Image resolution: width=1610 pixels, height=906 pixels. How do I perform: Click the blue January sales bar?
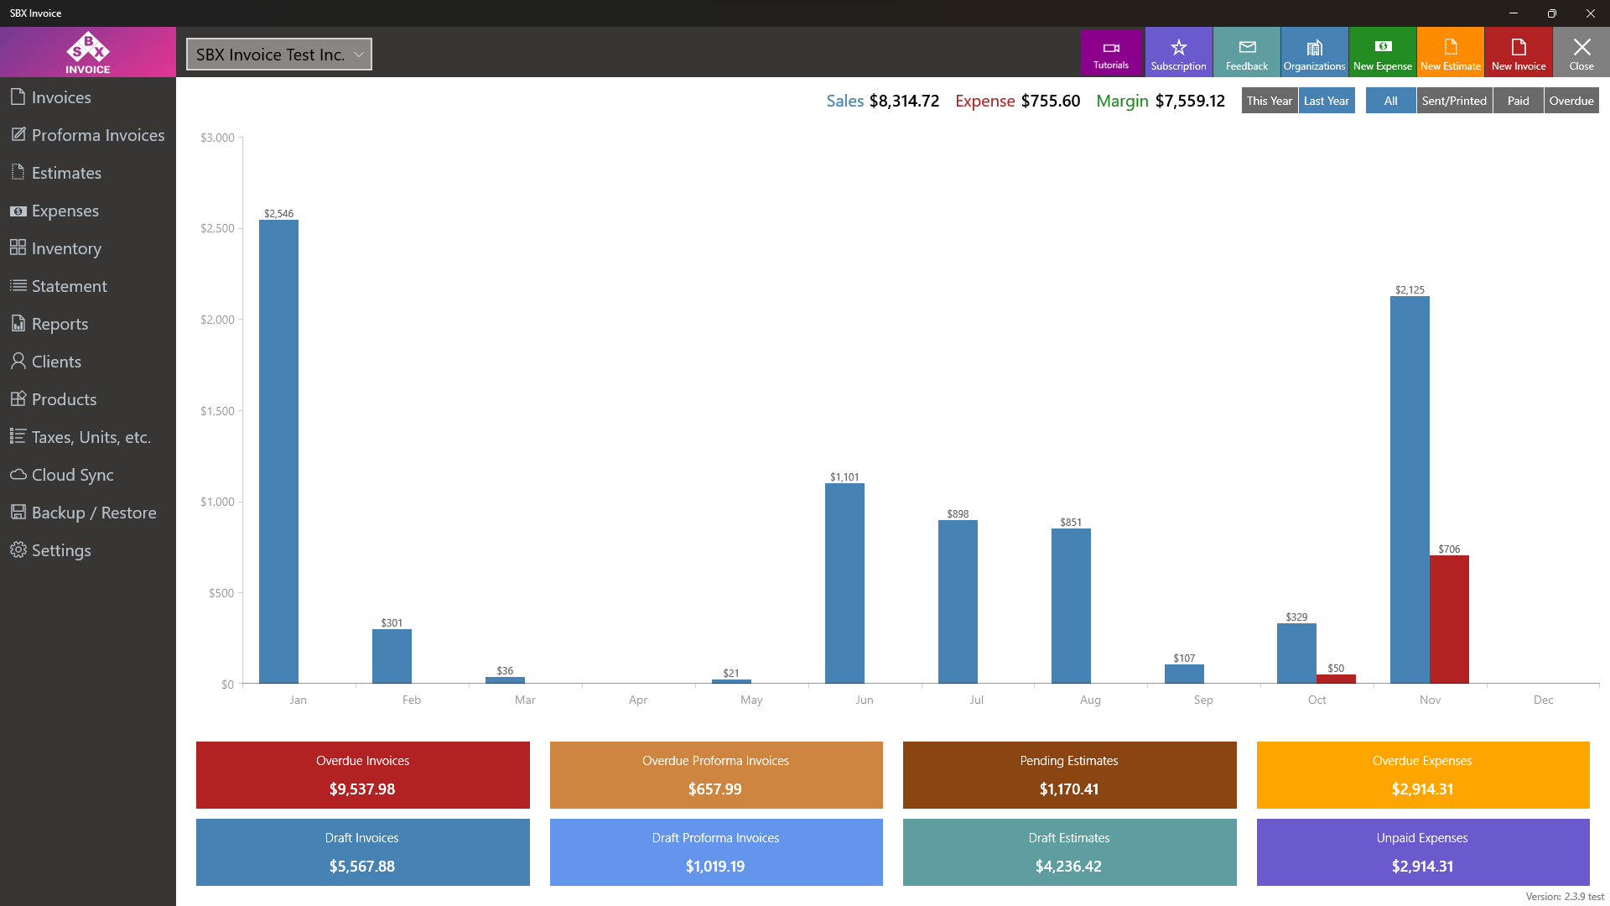coord(278,453)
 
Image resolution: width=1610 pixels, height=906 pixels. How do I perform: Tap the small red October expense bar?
coord(1336,679)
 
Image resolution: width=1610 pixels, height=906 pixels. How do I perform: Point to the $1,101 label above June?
coord(844,476)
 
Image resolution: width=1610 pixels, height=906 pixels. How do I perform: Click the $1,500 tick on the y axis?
coord(217,411)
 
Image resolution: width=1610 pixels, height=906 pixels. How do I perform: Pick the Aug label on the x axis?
coord(1090,700)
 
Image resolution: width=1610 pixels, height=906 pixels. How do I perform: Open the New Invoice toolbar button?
coord(1518,53)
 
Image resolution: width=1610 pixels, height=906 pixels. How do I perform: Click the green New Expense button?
coord(1382,53)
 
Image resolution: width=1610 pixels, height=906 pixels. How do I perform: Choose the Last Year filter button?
coord(1326,101)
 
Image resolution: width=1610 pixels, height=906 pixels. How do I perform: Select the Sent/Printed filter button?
coord(1454,101)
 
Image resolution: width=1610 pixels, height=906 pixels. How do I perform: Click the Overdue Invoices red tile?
coord(362,775)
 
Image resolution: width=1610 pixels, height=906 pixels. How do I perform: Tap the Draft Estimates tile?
coord(1069,852)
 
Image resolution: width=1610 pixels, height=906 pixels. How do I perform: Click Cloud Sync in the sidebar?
coord(72,475)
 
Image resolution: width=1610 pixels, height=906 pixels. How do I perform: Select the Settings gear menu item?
coord(60,550)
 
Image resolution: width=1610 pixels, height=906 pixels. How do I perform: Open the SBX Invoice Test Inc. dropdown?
coord(278,55)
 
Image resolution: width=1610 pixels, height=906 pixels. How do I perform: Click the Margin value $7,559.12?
coord(1190,101)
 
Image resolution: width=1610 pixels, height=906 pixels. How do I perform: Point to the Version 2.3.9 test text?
coord(1565,896)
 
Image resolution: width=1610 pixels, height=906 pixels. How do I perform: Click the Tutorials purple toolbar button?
coord(1111,53)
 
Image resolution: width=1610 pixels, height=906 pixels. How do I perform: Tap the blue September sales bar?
coord(1184,674)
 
